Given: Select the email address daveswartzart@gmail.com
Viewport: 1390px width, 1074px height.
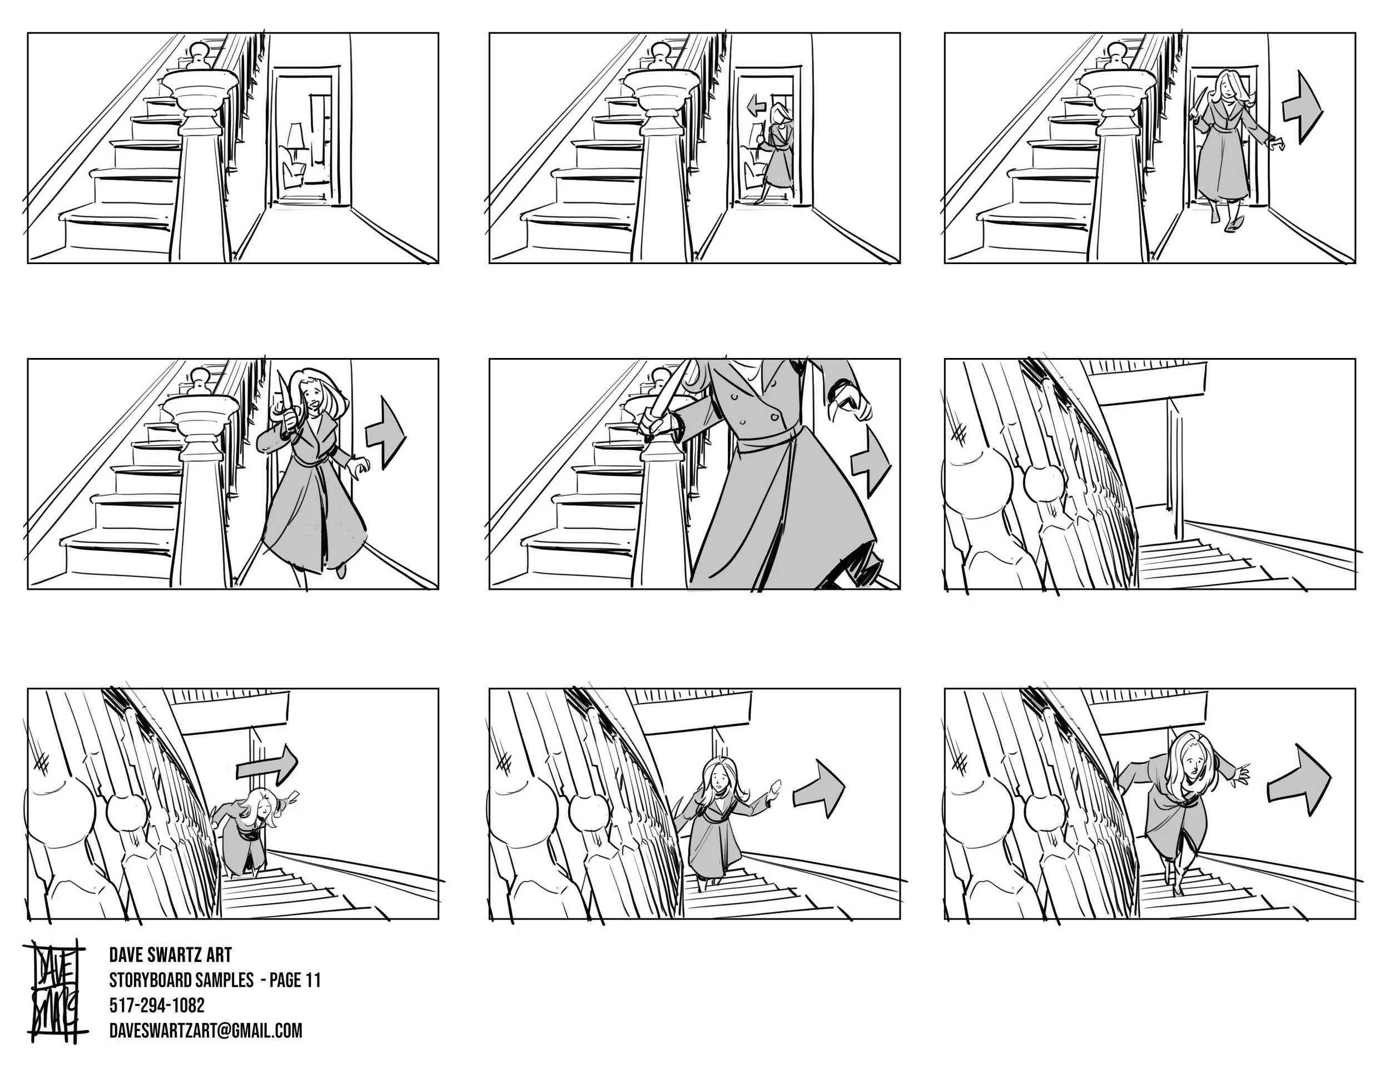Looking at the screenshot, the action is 206,1031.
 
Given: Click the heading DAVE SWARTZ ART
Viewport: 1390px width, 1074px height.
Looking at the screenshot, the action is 171,954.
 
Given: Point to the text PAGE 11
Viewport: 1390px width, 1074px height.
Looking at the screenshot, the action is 295,980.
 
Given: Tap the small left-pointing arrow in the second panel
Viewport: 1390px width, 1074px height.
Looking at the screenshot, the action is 756,106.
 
